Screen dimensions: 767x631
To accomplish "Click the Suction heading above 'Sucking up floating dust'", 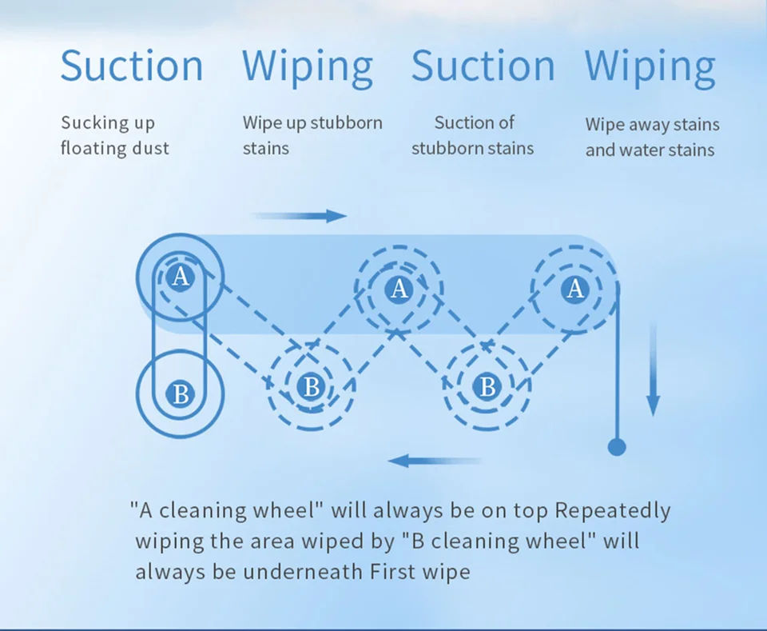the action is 131,66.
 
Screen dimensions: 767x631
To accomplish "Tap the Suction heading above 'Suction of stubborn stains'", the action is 483,66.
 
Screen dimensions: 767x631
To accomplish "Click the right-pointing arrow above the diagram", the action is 300,216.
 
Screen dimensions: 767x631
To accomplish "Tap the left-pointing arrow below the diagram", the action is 434,461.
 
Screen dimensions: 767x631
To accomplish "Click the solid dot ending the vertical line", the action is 617,446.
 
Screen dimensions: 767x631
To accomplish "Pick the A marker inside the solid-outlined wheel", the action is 181,278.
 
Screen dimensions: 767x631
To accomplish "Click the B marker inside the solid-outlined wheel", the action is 181,394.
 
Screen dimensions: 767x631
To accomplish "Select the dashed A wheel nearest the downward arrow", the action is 575,289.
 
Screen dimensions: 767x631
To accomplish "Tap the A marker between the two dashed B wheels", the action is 399,289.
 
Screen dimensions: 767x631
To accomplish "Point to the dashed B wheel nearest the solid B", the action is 312,387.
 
